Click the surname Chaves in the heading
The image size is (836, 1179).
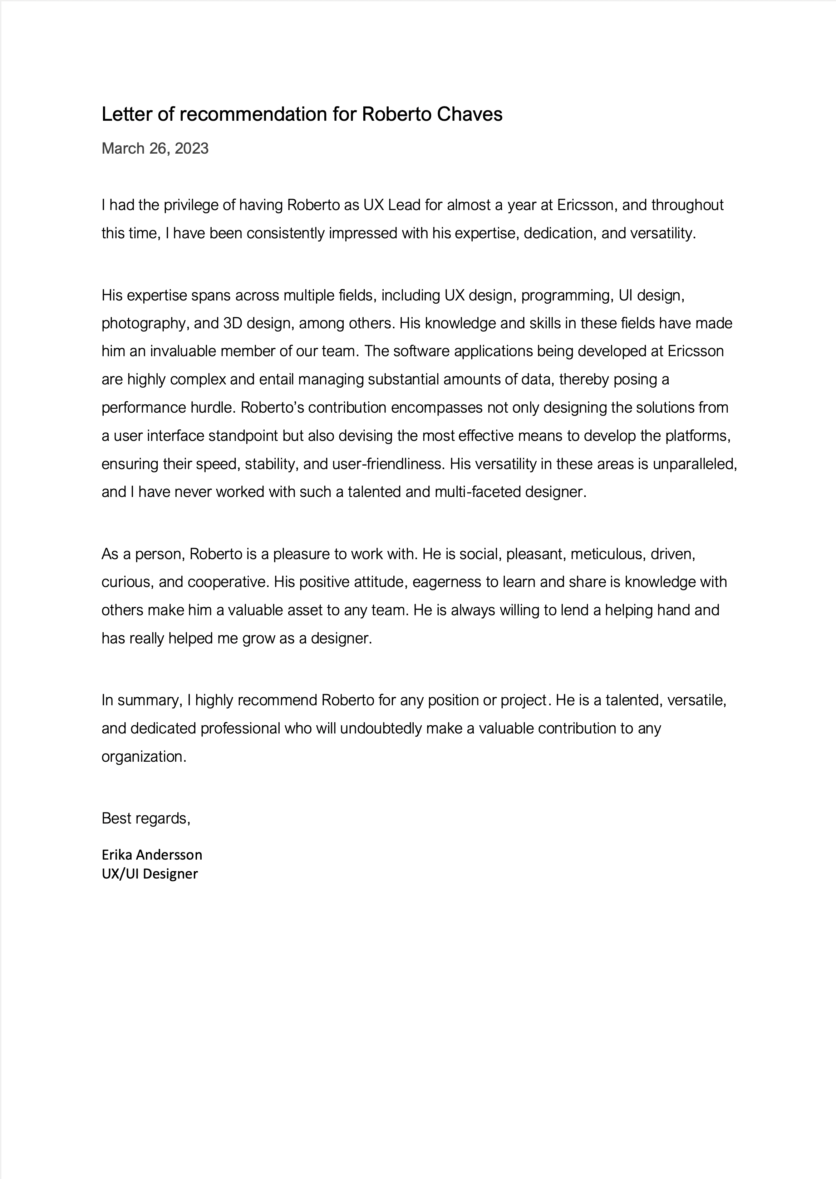pos(469,114)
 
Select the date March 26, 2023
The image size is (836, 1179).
pos(155,149)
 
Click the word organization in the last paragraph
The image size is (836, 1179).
pos(143,757)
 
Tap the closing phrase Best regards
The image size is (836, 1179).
pos(146,819)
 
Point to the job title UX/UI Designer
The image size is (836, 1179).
pos(150,874)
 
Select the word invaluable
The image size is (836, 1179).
pos(183,351)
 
